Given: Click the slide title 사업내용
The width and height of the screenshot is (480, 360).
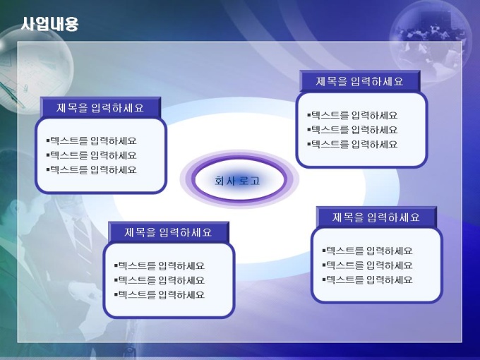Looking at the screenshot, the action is click(x=50, y=24).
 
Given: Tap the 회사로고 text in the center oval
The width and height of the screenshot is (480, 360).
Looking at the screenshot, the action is click(x=237, y=181).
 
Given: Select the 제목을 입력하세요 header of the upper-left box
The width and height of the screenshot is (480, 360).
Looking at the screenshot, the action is click(x=100, y=108).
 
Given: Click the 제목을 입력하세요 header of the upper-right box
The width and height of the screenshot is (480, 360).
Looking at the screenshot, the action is click(x=359, y=81).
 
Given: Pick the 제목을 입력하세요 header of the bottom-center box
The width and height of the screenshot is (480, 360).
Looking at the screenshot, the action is click(x=168, y=232).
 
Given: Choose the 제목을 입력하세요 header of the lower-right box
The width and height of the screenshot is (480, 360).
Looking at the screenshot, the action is click(x=376, y=217).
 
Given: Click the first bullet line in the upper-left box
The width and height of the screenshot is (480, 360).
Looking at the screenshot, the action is click(x=92, y=140).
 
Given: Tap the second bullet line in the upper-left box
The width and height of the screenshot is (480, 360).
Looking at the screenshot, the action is click(x=92, y=155).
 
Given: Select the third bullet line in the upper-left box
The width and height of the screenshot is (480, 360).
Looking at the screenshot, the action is click(x=92, y=169).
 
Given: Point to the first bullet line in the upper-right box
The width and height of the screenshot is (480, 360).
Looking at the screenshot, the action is click(x=352, y=115).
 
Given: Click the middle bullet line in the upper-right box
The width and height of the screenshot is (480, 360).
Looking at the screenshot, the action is click(x=352, y=130).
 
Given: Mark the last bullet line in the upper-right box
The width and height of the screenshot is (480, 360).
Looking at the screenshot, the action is click(x=352, y=144).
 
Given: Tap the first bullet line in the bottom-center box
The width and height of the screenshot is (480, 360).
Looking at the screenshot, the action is click(x=160, y=265).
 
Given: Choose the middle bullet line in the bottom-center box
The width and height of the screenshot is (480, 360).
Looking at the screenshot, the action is click(x=160, y=280).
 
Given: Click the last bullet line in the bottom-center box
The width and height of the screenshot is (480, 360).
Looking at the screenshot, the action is click(x=160, y=295).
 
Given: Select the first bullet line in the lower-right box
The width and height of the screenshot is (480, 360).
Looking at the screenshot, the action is click(x=367, y=251).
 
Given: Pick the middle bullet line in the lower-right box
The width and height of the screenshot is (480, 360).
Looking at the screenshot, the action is click(x=367, y=265).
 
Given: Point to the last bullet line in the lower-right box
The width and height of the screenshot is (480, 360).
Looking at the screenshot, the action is click(x=367, y=280).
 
